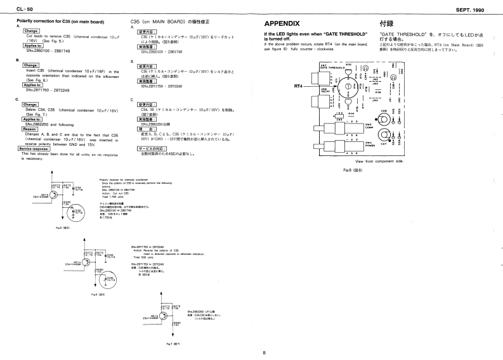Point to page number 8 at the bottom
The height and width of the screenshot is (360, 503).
point(264,352)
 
